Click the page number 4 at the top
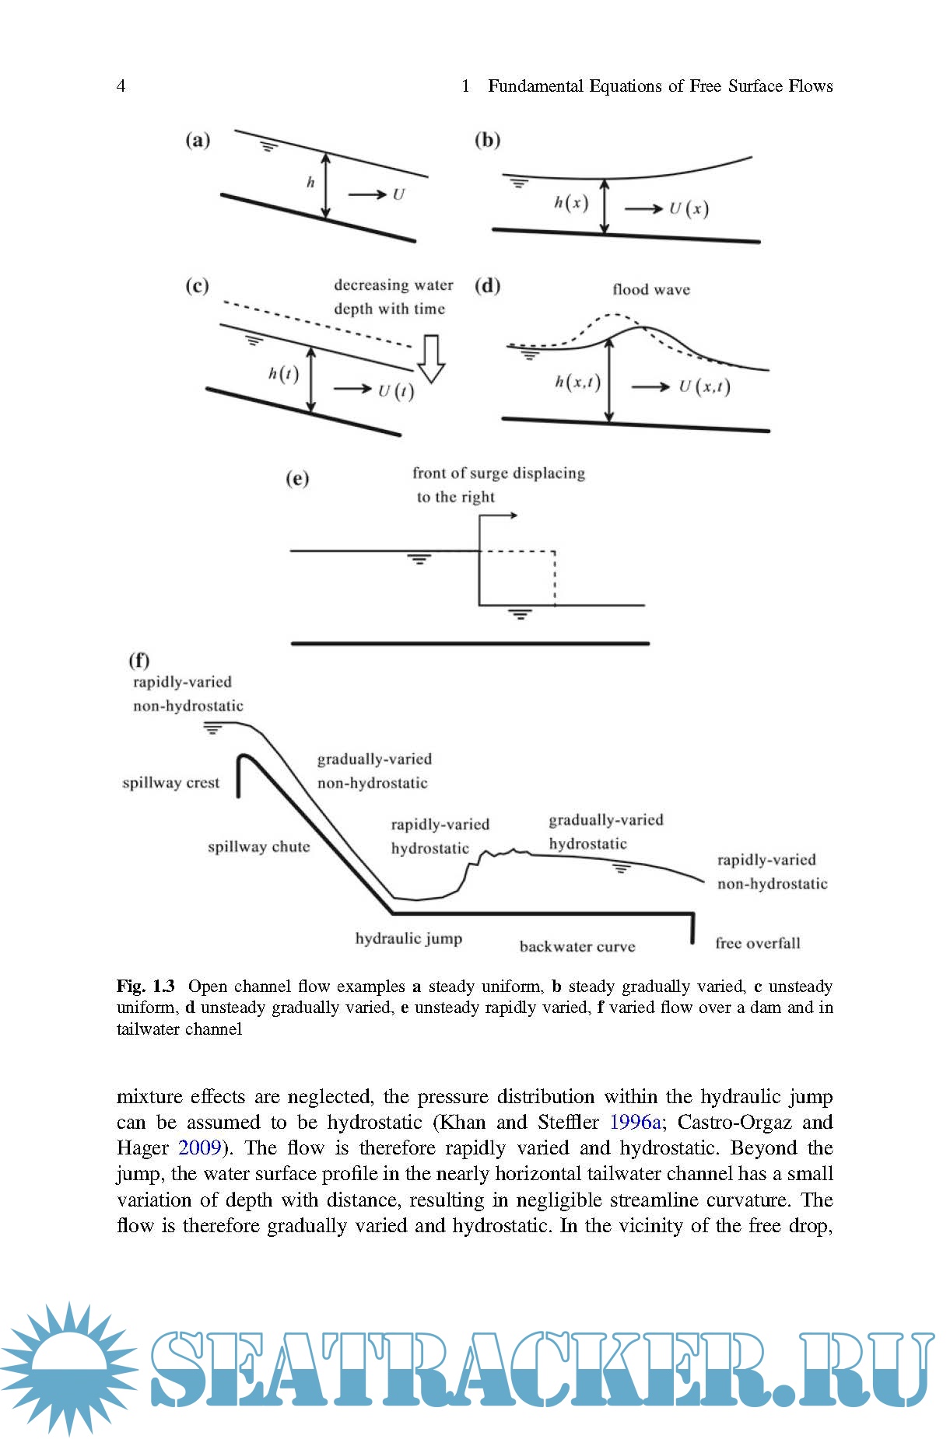121,86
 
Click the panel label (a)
198,141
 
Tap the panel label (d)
488,286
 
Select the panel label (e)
297,478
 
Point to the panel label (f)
138,660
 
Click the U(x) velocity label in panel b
689,208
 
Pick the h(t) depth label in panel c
283,374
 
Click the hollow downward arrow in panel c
430,358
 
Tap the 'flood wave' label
650,290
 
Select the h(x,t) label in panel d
577,382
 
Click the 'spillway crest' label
170,783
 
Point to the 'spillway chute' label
258,847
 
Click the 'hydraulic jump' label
408,938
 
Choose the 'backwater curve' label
577,946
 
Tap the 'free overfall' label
757,943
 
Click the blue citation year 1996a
636,1122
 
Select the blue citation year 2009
200,1147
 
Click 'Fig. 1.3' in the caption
145,986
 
